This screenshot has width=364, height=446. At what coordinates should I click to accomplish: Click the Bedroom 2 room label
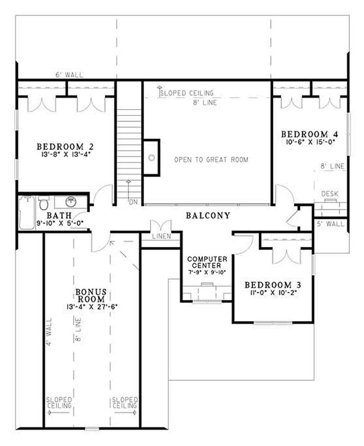click(x=65, y=147)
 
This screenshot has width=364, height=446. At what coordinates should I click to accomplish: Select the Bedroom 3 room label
click(x=273, y=285)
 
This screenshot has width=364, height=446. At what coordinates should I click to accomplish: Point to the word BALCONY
click(x=208, y=215)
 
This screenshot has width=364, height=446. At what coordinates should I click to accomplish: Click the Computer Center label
click(x=207, y=262)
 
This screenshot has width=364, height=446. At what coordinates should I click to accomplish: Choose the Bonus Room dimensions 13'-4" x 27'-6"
click(x=92, y=307)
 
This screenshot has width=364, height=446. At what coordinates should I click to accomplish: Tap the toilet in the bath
click(x=44, y=203)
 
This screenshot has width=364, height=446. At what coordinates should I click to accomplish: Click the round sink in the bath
click(x=70, y=202)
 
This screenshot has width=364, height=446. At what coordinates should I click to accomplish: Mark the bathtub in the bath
click(x=27, y=212)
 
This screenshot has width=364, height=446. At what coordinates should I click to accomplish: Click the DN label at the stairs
click(x=133, y=202)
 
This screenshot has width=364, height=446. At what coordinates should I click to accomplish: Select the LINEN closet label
click(x=161, y=236)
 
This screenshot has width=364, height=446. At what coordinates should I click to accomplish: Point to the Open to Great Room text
click(x=211, y=160)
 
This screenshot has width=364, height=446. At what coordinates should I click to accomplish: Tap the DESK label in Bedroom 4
click(x=330, y=194)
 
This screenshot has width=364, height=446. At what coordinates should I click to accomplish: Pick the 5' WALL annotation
click(x=331, y=224)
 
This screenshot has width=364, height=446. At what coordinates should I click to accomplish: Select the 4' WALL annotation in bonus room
click(x=49, y=332)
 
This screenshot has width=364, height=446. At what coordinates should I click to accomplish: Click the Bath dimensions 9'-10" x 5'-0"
click(x=60, y=223)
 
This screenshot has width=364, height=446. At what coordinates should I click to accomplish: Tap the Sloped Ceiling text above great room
click(x=187, y=93)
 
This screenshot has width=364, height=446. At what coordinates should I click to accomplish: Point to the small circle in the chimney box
click(x=152, y=157)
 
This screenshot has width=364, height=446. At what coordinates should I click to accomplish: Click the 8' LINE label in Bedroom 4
click(x=332, y=166)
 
